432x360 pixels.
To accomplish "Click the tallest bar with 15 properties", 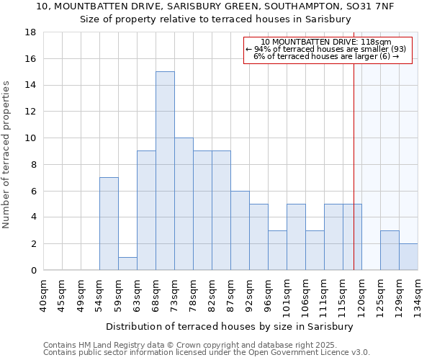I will (165, 171).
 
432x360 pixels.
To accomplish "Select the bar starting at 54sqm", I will (109, 223).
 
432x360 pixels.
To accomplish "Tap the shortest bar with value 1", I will (127, 263).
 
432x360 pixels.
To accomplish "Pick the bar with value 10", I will (184, 204).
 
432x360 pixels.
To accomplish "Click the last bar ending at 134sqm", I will (408, 256).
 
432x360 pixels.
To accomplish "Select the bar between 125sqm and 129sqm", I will (390, 250).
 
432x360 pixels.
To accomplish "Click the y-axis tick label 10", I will (31, 138).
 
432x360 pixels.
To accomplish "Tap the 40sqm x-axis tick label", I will (43, 295).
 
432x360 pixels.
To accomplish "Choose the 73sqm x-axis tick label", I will (174, 295).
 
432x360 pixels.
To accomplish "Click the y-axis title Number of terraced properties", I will (6, 155).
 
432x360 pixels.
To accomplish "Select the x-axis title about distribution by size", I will (229, 326).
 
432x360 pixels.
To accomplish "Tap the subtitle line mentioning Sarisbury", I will (216, 19).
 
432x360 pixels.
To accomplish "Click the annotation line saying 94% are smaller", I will (326, 49).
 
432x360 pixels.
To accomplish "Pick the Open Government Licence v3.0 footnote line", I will (207, 352).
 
